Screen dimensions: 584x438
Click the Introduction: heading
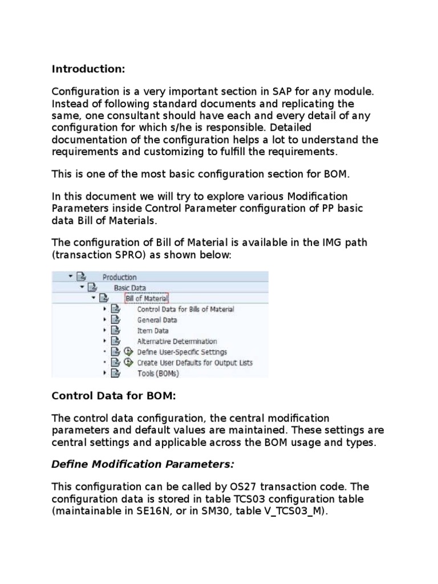88,69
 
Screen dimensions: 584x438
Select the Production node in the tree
119,277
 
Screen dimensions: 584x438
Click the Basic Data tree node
129,287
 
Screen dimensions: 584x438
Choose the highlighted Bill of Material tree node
147,298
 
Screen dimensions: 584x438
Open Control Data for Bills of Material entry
185,309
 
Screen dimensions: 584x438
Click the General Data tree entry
157,320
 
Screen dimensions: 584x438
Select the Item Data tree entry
153,330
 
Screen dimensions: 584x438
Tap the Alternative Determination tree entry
177,341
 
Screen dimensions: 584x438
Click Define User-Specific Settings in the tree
181,352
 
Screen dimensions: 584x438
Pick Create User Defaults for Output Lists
194,363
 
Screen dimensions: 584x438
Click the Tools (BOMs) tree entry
158,374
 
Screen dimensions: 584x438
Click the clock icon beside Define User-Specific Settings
128,352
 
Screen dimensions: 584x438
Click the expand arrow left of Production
70,277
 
